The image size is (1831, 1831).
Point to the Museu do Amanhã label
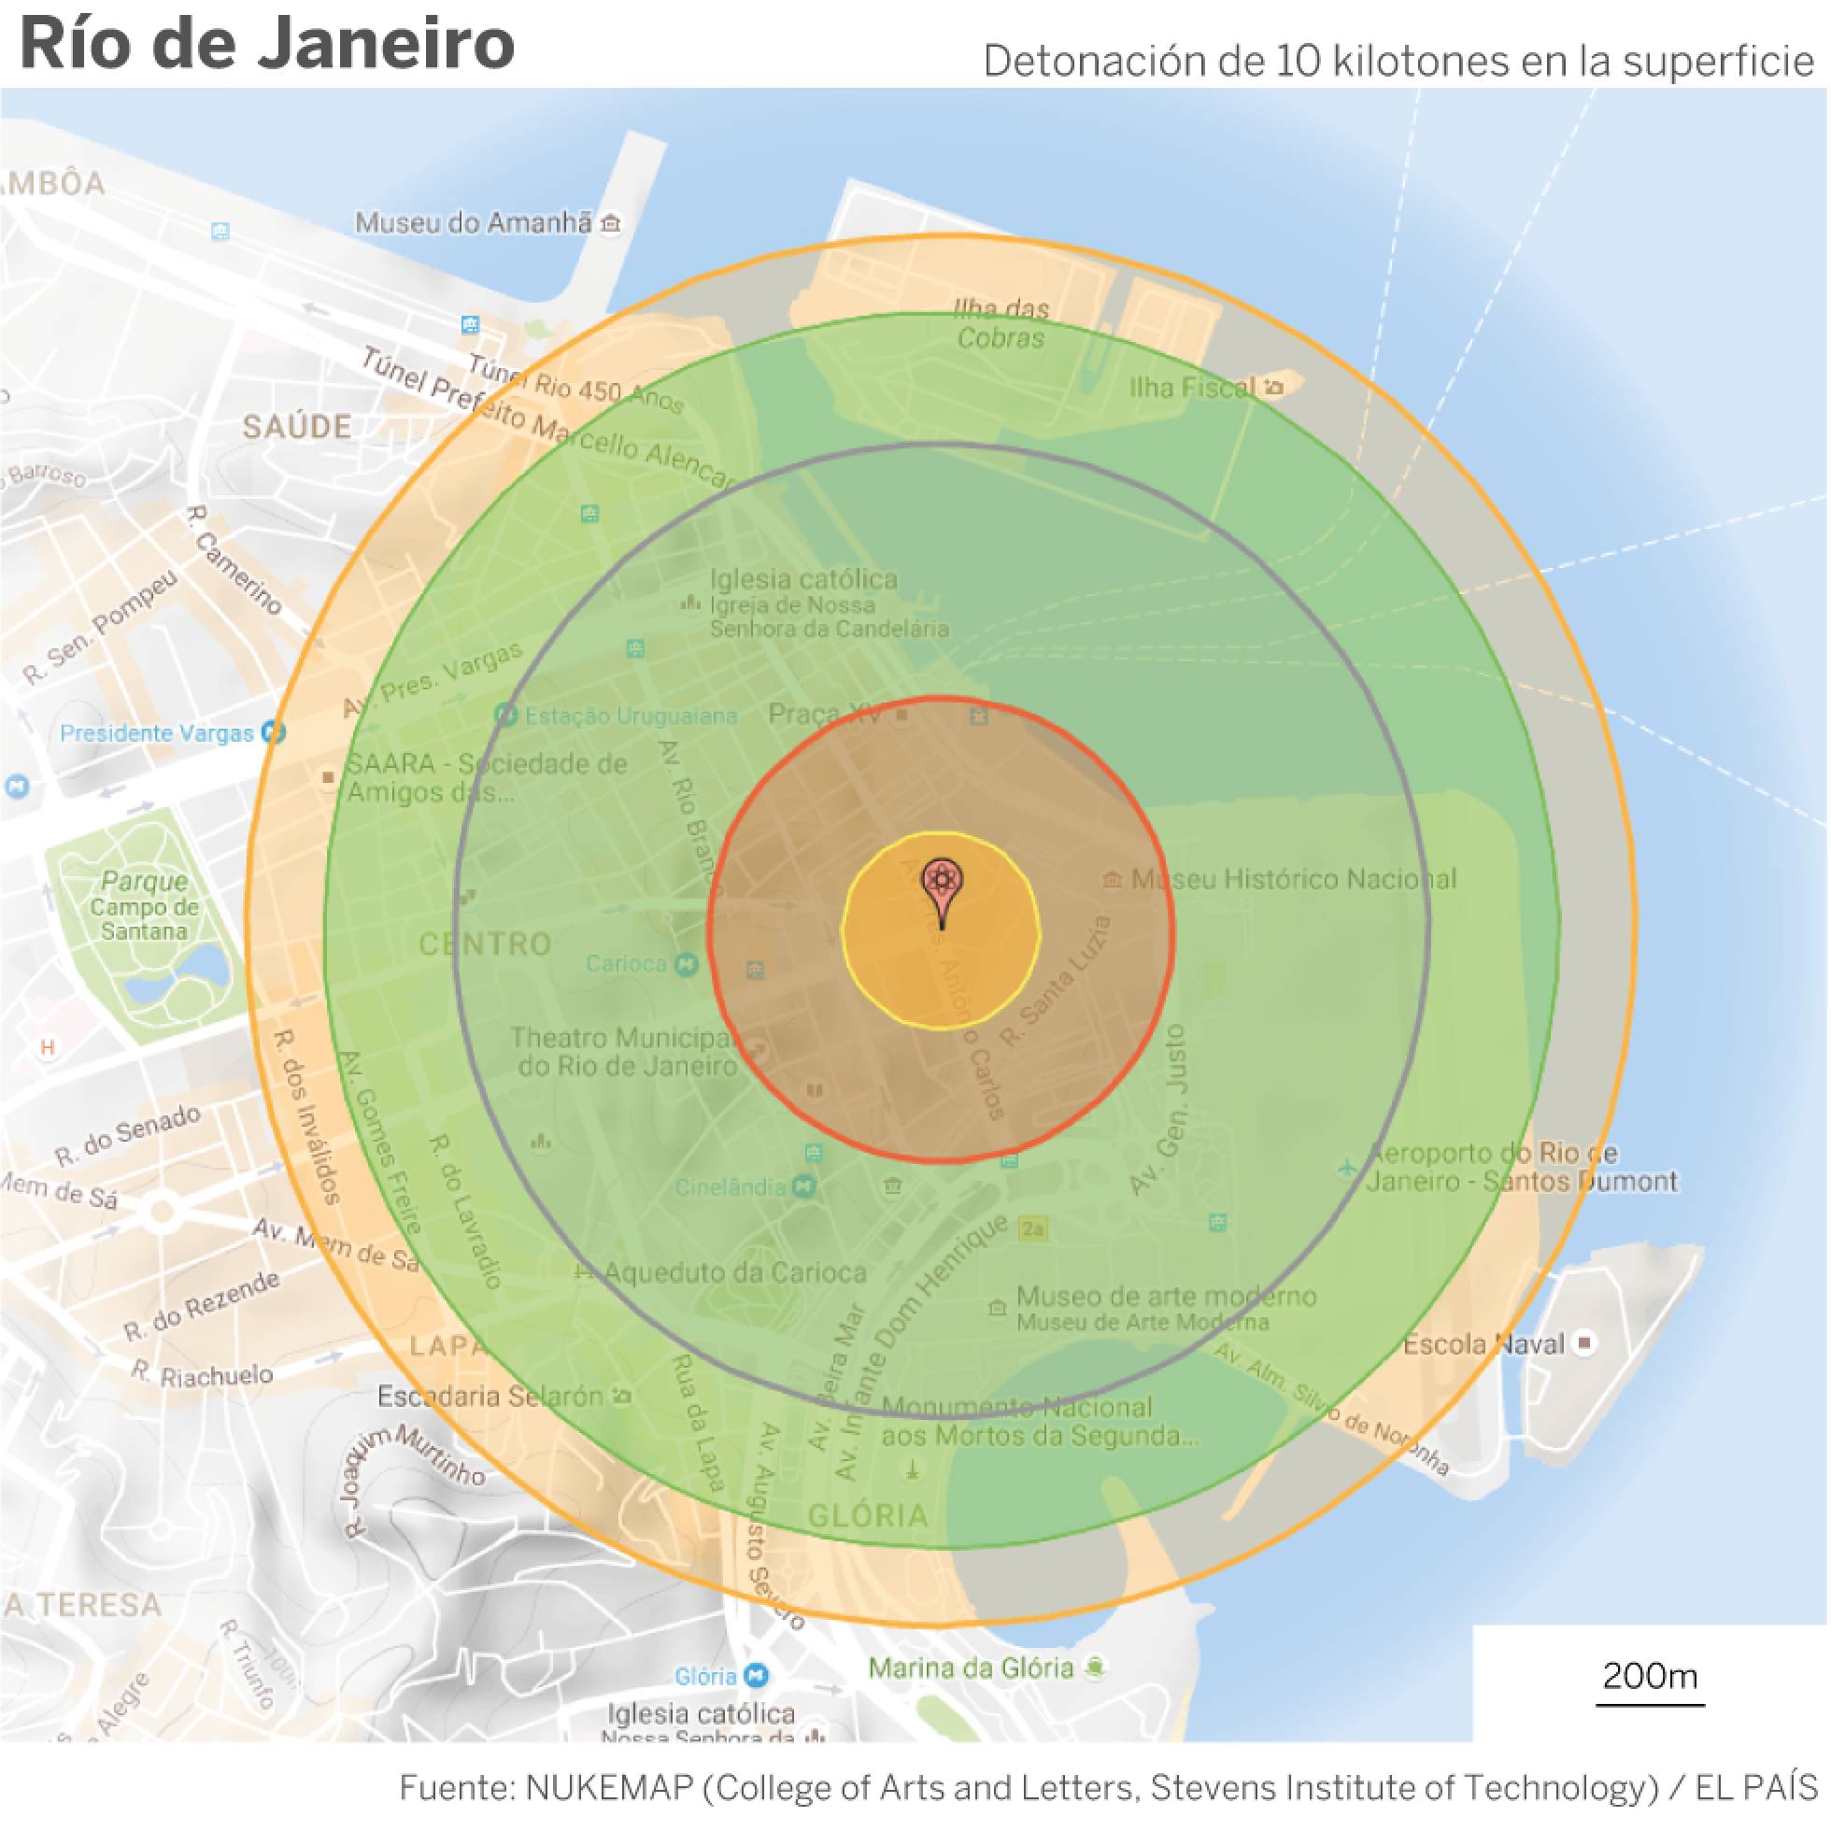coord(473,222)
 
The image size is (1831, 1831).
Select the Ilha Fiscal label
coord(1192,387)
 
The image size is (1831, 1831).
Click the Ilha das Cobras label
coord(1001,323)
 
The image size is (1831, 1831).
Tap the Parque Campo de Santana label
coord(144,906)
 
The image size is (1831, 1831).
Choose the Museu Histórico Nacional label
coord(1293,879)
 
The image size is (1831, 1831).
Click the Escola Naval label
coord(1484,1344)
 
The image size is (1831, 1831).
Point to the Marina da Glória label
coord(971,1668)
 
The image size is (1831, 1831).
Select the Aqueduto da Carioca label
coord(735,1272)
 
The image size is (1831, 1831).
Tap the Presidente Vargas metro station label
coord(157,732)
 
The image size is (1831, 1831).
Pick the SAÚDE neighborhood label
coord(297,427)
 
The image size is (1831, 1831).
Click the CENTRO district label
coord(485,944)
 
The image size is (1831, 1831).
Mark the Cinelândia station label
coord(731,1186)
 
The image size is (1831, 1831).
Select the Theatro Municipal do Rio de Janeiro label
coord(625,1052)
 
